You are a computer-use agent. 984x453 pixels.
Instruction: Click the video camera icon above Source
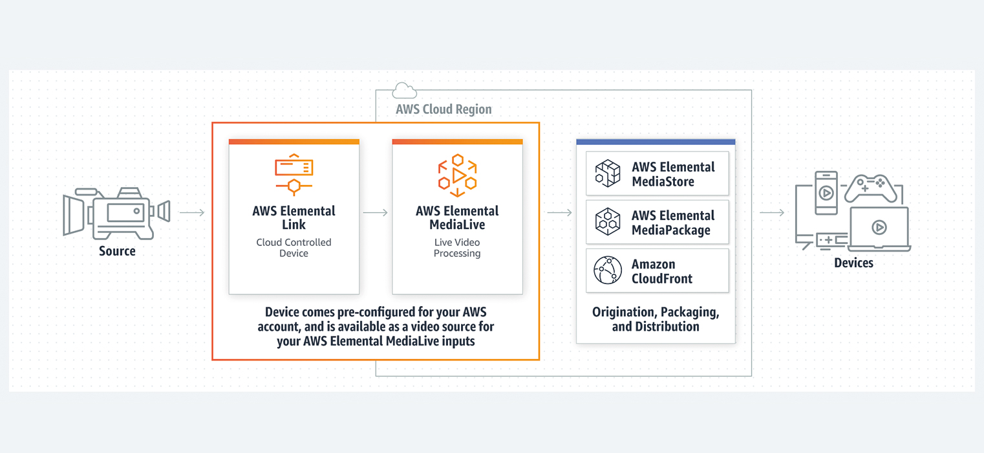pyautogui.click(x=116, y=213)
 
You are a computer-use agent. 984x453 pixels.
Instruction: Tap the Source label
pyautogui.click(x=117, y=251)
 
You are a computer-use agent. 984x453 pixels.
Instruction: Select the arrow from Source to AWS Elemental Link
pyautogui.click(x=192, y=212)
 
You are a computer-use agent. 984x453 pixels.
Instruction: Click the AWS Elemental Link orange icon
pyautogui.click(x=294, y=174)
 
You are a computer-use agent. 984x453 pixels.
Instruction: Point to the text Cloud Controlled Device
pyautogui.click(x=294, y=248)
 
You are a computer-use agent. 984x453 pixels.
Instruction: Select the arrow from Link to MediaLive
pyautogui.click(x=376, y=212)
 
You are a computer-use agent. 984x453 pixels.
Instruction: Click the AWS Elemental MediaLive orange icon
pyautogui.click(x=457, y=175)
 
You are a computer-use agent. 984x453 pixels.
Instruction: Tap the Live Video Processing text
pyautogui.click(x=457, y=248)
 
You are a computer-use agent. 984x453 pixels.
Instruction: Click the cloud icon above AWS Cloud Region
pyautogui.click(x=405, y=91)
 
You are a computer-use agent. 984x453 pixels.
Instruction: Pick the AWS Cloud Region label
pyautogui.click(x=444, y=109)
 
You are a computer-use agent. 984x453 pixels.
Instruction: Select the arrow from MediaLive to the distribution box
pyautogui.click(x=560, y=212)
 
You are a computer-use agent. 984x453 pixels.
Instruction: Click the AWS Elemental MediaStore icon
pyautogui.click(x=608, y=173)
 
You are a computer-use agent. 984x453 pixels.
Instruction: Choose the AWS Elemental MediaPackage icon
pyautogui.click(x=608, y=222)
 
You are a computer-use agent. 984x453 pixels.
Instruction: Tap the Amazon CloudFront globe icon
pyautogui.click(x=608, y=271)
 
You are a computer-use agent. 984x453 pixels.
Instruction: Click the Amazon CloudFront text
pyautogui.click(x=662, y=272)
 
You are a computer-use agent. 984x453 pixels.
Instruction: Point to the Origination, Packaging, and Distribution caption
pyautogui.click(x=656, y=319)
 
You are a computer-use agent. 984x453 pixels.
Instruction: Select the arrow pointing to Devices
pyautogui.click(x=772, y=212)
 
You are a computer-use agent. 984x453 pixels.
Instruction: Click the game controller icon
pyautogui.click(x=871, y=188)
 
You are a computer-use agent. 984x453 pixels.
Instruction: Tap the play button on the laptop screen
pyautogui.click(x=879, y=227)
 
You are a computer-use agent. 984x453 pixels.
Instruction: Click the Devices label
pyautogui.click(x=853, y=263)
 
